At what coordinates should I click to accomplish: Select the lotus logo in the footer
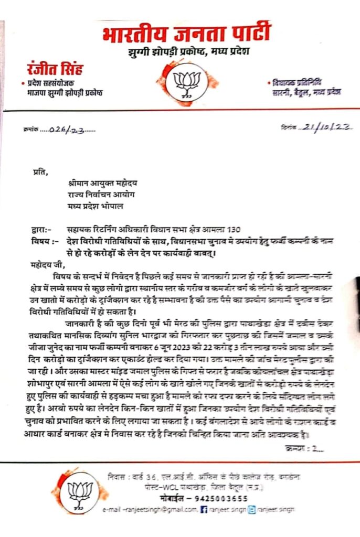(80, 493)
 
